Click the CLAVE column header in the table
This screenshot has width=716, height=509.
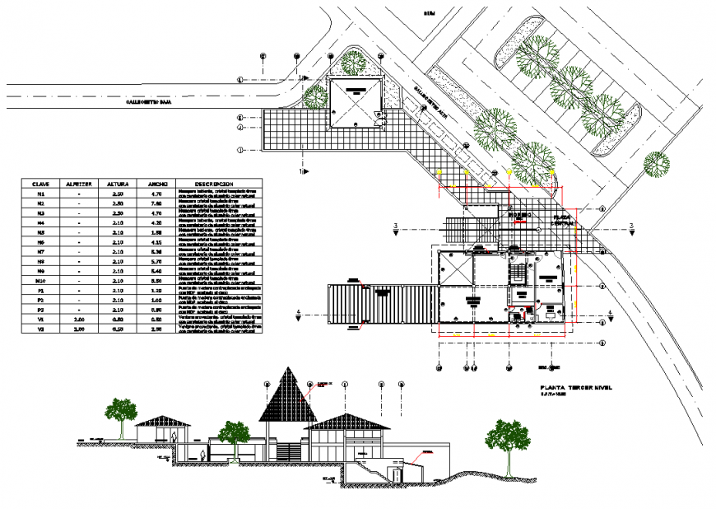(x=40, y=184)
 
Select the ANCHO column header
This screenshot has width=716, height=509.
(x=158, y=184)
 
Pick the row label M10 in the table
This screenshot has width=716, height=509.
(x=40, y=280)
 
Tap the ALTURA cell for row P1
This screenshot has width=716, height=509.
(x=117, y=291)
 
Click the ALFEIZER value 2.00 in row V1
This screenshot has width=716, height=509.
(x=78, y=318)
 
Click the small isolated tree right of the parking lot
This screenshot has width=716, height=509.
(x=658, y=163)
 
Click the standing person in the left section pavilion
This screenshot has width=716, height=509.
(x=176, y=438)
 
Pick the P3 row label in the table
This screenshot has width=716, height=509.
(x=40, y=309)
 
